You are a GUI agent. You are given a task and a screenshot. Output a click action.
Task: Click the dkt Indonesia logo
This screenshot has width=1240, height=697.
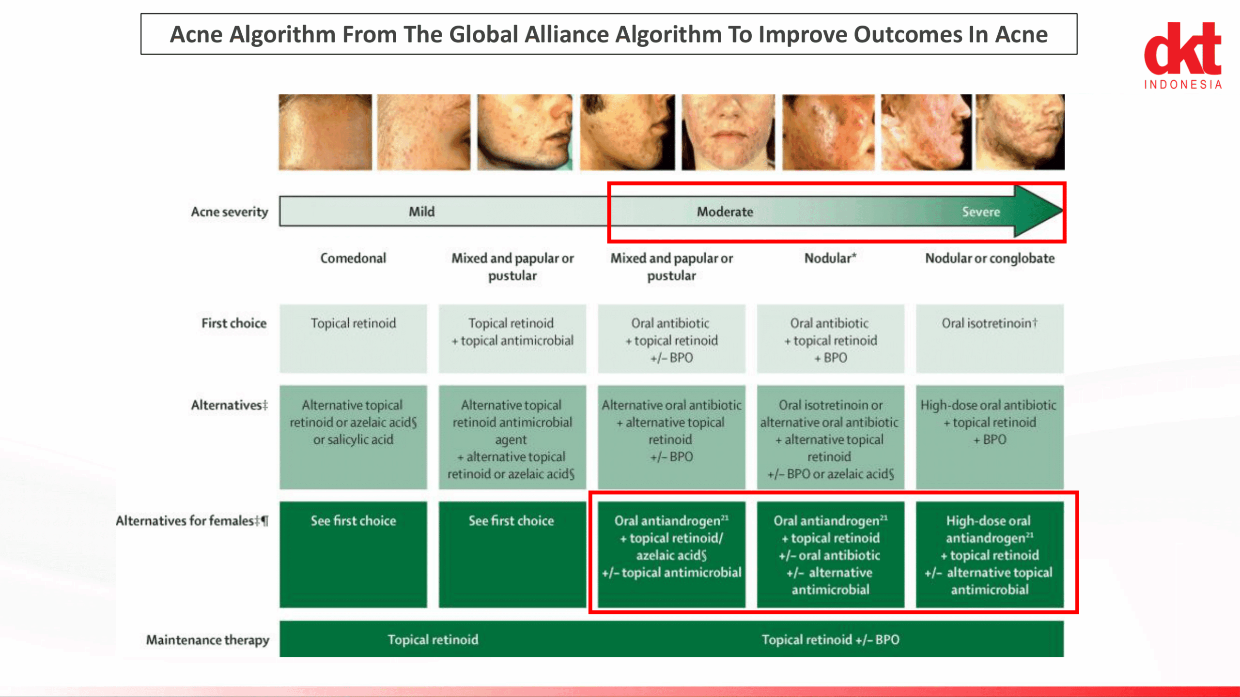[1182, 56]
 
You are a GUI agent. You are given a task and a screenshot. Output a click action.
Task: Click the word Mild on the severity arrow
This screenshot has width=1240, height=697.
[421, 212]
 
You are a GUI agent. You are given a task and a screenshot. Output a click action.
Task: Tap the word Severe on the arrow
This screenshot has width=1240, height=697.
[981, 212]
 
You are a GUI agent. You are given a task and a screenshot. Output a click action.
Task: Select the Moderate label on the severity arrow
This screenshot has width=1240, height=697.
[725, 212]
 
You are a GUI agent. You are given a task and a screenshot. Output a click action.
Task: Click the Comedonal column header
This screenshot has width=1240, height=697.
[353, 258]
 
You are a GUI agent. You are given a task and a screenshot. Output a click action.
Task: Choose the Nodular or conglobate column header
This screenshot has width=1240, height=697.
[990, 258]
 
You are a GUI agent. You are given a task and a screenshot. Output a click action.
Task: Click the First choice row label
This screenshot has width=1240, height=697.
[234, 323]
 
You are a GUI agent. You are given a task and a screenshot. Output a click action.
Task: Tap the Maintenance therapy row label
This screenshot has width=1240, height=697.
[207, 639]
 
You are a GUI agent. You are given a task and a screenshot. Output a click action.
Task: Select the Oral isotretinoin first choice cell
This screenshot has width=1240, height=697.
[990, 338]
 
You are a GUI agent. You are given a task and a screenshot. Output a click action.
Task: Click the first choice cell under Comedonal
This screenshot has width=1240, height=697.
[353, 338]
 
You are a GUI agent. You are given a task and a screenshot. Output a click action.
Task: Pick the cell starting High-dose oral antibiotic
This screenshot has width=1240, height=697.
[990, 437]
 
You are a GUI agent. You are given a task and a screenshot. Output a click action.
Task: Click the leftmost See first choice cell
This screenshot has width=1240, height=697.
[353, 554]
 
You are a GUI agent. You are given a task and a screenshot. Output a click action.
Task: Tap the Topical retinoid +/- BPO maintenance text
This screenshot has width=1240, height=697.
[830, 639]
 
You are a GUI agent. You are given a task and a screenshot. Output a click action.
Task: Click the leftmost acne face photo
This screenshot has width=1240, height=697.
[325, 132]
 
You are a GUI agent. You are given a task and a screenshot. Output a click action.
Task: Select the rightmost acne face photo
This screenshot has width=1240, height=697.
[1020, 132]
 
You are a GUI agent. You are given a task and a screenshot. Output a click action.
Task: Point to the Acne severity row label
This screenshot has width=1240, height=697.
[229, 212]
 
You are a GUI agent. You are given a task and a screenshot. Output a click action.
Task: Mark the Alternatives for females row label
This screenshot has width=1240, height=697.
[192, 520]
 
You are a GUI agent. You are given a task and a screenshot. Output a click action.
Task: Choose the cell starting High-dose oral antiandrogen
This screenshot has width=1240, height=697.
[990, 554]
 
